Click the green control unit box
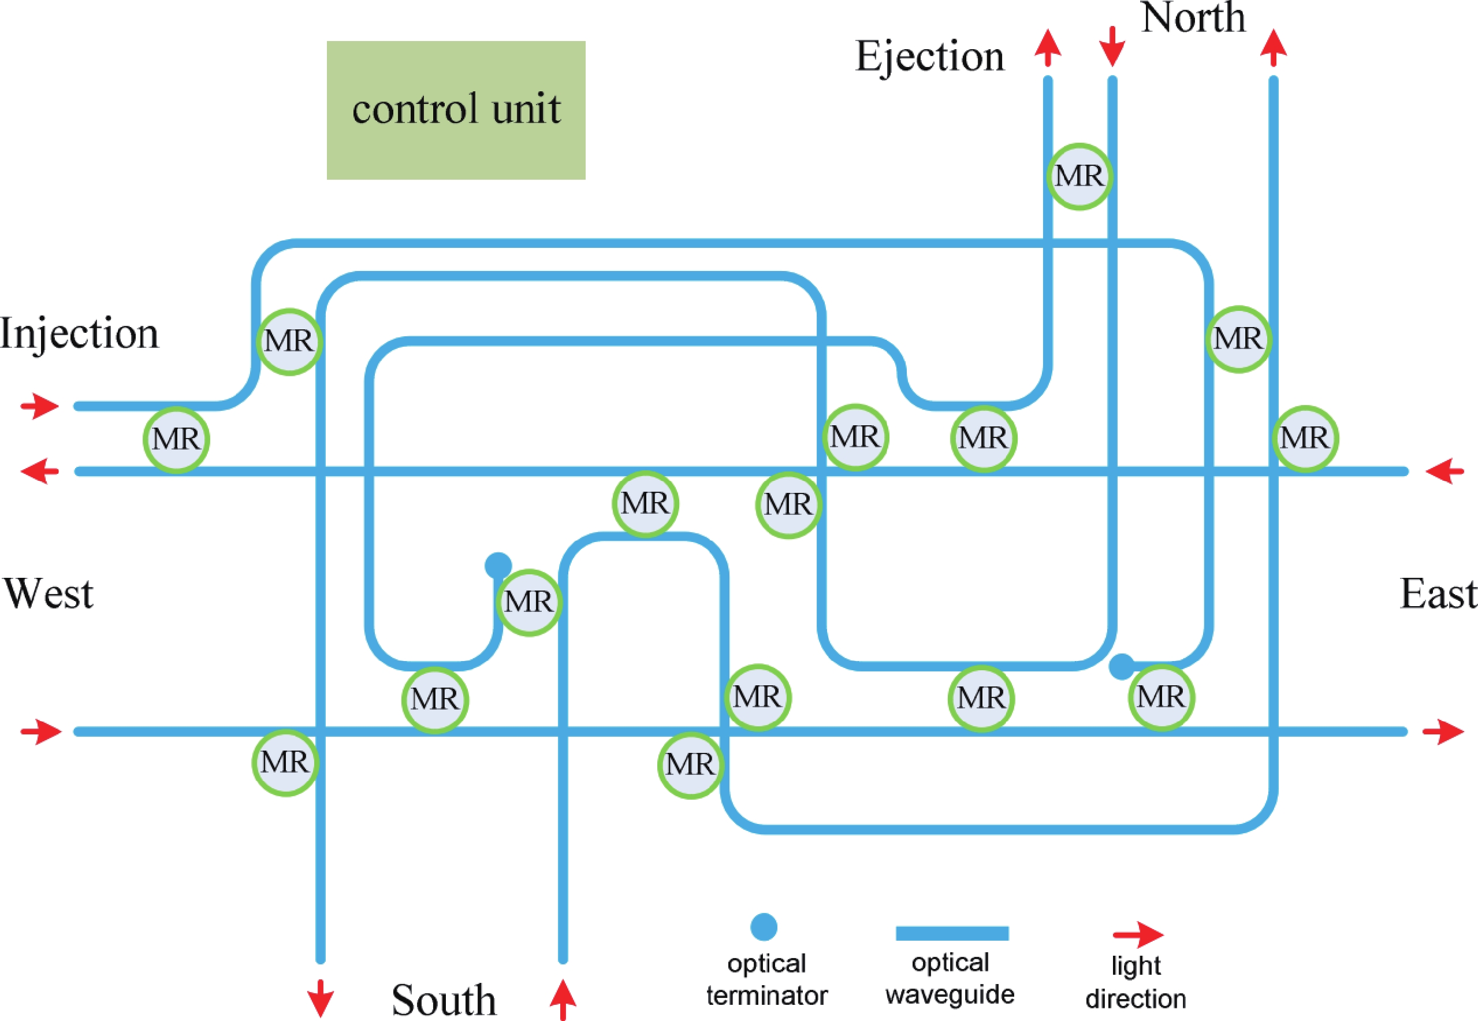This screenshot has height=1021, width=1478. (456, 110)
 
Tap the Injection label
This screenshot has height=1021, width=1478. (79, 333)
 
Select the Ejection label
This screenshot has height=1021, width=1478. (929, 56)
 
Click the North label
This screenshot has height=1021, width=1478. (1193, 18)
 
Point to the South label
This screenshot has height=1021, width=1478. (444, 999)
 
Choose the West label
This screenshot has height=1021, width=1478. (49, 593)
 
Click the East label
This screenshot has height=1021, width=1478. (1438, 593)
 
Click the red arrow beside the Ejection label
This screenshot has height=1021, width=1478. (1048, 47)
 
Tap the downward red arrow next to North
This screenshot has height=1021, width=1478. (1112, 46)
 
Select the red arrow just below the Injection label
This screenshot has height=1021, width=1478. (40, 406)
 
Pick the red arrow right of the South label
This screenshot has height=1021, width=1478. (563, 998)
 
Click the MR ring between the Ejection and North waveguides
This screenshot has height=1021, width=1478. (1079, 176)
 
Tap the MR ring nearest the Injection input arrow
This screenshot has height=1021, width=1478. (176, 440)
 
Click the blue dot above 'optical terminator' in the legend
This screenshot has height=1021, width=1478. (764, 927)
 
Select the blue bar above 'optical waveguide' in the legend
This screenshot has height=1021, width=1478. (952, 933)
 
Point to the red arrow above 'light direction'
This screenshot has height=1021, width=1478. (1138, 935)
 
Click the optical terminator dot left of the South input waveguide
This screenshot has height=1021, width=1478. (498, 566)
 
